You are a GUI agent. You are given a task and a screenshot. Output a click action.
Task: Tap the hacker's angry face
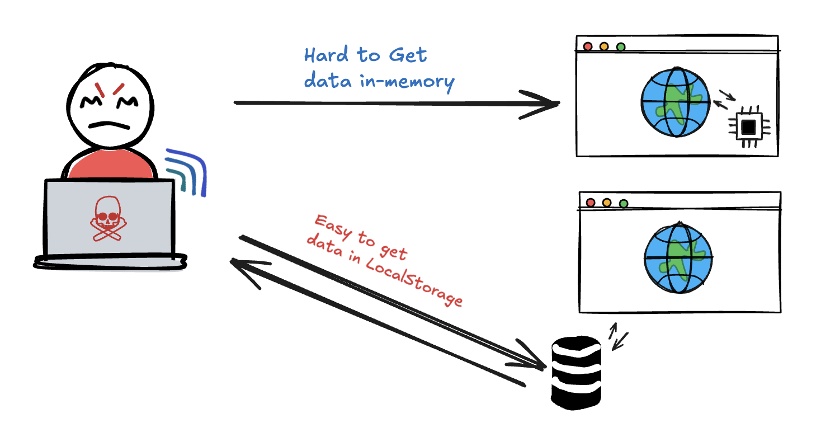[109, 106]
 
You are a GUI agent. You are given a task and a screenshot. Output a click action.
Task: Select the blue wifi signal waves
[187, 171]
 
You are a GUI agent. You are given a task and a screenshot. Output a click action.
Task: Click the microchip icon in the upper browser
[748, 128]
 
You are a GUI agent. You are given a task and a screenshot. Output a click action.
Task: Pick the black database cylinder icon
[576, 372]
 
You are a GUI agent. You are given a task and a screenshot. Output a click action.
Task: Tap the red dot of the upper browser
[587, 46]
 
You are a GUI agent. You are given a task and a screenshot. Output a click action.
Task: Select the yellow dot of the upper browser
[604, 46]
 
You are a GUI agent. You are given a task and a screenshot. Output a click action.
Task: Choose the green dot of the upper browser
[620, 46]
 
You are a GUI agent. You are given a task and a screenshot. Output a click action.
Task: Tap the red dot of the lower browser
[590, 202]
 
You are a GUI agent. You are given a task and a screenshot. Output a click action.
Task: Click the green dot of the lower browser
[624, 203]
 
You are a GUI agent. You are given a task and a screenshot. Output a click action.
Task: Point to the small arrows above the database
[619, 336]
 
